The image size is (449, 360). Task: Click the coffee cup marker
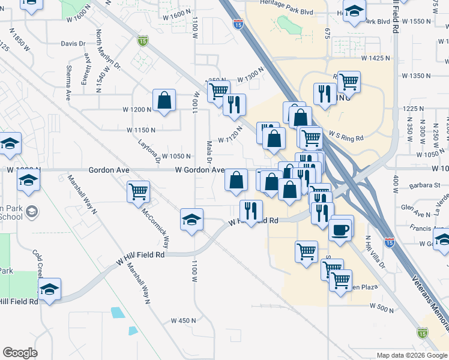[x=341, y=229]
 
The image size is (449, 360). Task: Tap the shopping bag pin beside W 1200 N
[x=164, y=101]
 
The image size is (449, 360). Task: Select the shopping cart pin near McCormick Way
[x=139, y=193]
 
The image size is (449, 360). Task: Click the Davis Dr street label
[x=74, y=44]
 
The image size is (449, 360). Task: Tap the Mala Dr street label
[x=209, y=152]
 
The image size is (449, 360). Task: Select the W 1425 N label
[x=375, y=58]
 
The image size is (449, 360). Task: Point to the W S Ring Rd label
[x=346, y=137]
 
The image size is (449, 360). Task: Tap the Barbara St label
[x=426, y=185]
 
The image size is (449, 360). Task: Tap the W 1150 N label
[x=141, y=130]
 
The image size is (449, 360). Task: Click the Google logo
[x=20, y=352]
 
